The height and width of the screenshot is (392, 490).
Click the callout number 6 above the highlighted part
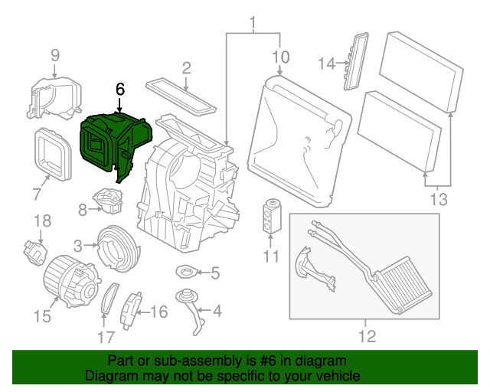(119, 89)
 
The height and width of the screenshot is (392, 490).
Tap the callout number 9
(54, 54)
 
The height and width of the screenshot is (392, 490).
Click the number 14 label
(327, 64)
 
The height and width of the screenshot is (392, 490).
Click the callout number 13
(439, 200)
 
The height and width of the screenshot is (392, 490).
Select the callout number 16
(158, 312)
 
